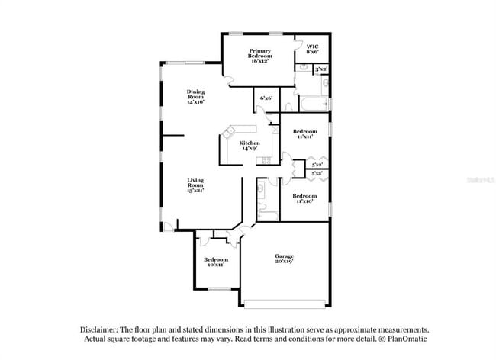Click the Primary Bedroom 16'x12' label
[259, 56]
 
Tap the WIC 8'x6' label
[313, 49]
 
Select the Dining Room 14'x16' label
[196, 97]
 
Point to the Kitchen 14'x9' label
[250, 146]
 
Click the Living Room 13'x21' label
[196, 185]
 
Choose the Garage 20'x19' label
[285, 259]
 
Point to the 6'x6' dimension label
[266, 98]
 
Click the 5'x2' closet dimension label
[317, 165]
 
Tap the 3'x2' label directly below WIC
[321, 69]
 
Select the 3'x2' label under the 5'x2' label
[317, 175]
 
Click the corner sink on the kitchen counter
[226, 132]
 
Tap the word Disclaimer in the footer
[103, 328]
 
